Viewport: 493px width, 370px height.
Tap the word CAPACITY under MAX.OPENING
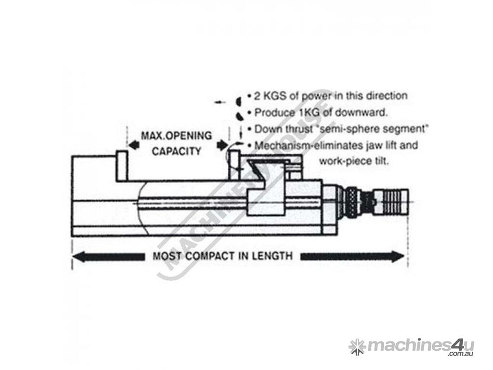click(x=176, y=151)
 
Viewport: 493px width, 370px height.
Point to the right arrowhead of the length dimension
click(x=400, y=256)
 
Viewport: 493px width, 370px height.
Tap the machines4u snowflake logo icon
click(x=356, y=346)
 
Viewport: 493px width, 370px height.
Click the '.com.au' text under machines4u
click(x=460, y=354)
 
